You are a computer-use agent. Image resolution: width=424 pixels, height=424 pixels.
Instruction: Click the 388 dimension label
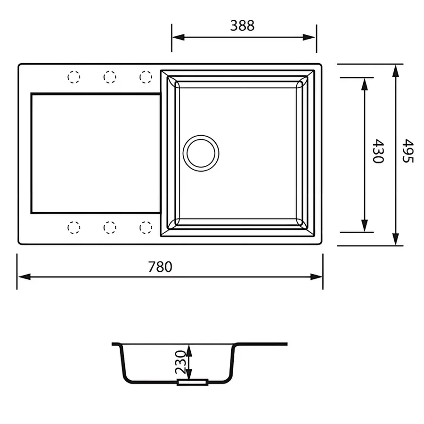(x=242, y=25)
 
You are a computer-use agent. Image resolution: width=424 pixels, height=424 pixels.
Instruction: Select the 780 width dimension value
(x=160, y=267)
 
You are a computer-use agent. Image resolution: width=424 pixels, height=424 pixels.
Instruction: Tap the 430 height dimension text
(x=377, y=151)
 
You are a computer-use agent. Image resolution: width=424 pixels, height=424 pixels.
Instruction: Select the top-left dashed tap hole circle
(x=74, y=76)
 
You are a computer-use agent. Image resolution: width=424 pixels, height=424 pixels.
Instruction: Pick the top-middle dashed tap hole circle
(x=110, y=76)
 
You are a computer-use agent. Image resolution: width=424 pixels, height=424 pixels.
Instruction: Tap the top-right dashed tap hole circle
(x=146, y=76)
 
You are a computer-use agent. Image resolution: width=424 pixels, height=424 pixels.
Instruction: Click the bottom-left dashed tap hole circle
(x=74, y=228)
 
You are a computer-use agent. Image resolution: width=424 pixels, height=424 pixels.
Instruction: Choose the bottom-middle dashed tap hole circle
(x=110, y=228)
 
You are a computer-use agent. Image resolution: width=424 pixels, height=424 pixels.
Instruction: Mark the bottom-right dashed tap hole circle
(x=146, y=228)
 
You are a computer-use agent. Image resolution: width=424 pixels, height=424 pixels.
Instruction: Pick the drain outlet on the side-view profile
(x=192, y=383)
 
